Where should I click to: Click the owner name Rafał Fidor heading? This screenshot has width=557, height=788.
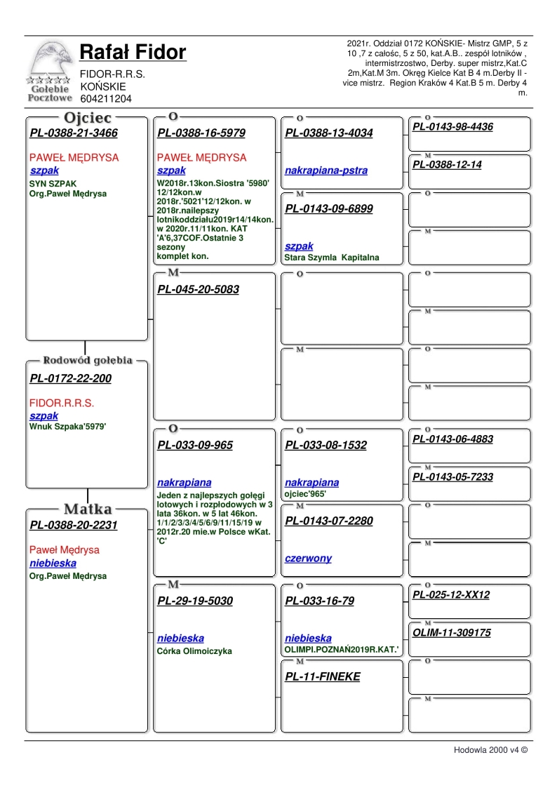[133, 53]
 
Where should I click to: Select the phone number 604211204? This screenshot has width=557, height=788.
[106, 99]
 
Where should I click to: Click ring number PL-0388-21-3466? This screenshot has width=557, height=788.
[74, 133]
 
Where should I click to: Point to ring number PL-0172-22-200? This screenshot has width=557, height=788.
[70, 379]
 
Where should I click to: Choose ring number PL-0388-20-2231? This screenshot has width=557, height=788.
[74, 526]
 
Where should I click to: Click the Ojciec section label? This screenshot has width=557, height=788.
[88, 118]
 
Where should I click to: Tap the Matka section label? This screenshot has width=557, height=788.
[88, 509]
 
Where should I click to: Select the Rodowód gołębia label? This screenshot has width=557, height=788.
[88, 361]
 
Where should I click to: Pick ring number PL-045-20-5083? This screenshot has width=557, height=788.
[198, 289]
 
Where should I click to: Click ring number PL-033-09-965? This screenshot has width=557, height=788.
[195, 446]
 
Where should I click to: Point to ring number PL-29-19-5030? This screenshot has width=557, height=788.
[195, 601]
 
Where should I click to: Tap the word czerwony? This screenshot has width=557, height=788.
[308, 559]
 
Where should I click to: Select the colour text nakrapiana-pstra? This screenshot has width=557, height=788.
[326, 171]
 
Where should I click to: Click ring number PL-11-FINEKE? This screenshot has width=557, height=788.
[323, 677]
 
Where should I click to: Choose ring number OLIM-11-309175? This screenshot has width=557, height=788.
[452, 633]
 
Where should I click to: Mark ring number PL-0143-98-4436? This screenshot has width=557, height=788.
[452, 127]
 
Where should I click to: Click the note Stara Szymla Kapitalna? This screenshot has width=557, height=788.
[331, 258]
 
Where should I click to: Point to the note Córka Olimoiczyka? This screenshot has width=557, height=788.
[194, 651]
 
